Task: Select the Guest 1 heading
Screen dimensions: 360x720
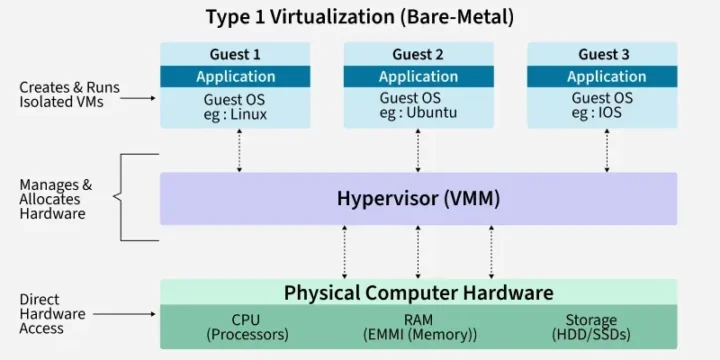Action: pyautogui.click(x=236, y=54)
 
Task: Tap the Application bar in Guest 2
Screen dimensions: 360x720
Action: pyautogui.click(x=418, y=77)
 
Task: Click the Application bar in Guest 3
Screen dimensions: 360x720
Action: pyautogui.click(x=606, y=77)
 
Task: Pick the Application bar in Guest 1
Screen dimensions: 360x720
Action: pyautogui.click(x=236, y=77)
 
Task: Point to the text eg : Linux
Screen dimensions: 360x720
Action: pyautogui.click(x=236, y=114)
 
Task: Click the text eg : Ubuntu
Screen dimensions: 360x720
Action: pyautogui.click(x=418, y=114)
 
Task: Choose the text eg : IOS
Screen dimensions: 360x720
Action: pyautogui.click(x=602, y=114)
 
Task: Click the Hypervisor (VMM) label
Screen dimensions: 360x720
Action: pyautogui.click(x=418, y=198)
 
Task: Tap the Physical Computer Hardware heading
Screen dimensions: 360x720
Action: pyautogui.click(x=418, y=293)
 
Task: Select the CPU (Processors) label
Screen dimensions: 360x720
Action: pyautogui.click(x=246, y=327)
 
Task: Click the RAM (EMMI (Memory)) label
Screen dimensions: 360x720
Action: pyautogui.click(x=418, y=327)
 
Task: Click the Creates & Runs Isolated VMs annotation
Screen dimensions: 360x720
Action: pyautogui.click(x=69, y=95)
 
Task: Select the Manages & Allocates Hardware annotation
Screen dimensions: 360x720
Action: pyautogui.click(x=56, y=199)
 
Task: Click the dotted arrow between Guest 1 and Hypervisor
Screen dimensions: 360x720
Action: pyautogui.click(x=239, y=150)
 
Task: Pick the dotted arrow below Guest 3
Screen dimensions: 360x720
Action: pyautogui.click(x=606, y=150)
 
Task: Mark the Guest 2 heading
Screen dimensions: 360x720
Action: pyautogui.click(x=418, y=54)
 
